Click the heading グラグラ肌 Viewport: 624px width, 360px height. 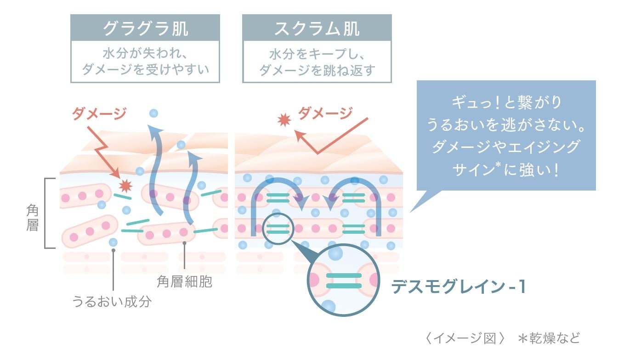point(145,28)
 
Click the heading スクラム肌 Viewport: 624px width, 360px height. point(317,28)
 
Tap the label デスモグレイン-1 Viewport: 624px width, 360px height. point(458,287)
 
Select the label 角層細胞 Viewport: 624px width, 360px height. point(184,281)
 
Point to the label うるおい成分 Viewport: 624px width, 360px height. point(112,302)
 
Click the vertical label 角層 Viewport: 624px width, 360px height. point(32,218)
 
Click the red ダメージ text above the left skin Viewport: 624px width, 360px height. point(99,113)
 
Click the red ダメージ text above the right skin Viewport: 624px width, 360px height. point(325,112)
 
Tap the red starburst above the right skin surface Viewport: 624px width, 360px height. point(284,120)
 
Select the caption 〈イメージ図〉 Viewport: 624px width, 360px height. point(465,338)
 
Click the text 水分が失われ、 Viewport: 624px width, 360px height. point(145,54)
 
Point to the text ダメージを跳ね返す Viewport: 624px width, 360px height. point(317,70)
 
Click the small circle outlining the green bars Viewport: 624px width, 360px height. point(278,228)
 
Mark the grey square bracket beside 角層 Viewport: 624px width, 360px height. point(47,213)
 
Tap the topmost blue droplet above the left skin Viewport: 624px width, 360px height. point(153,113)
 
